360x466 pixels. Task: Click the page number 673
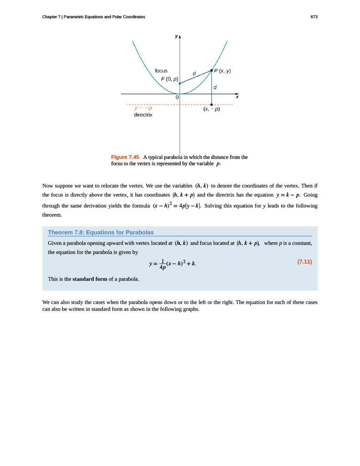[314, 17]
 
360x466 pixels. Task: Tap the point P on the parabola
[212, 70]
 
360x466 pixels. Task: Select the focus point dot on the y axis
[180, 84]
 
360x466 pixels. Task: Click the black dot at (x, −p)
[212, 105]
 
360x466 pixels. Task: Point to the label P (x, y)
[223, 71]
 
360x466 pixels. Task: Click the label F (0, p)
[169, 79]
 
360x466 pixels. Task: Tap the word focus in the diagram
[161, 71]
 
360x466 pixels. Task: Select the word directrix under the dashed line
[143, 115]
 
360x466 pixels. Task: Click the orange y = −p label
[143, 108]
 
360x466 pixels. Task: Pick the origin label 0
[177, 97]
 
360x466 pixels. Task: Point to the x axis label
[237, 97]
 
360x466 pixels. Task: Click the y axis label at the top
[176, 37]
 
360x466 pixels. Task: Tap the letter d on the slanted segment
[194, 73]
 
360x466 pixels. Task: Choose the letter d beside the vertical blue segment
[215, 87]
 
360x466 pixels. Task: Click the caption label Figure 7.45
[125, 157]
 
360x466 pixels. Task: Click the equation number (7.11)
[304, 262]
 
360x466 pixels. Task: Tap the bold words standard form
[90, 279]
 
